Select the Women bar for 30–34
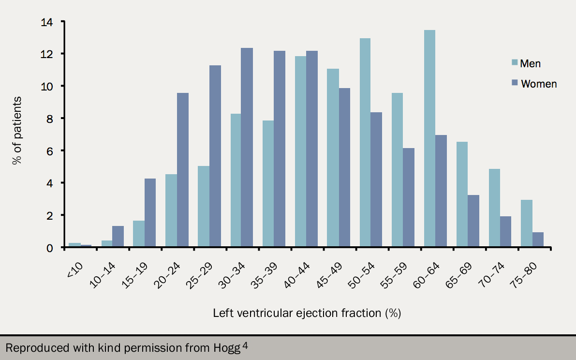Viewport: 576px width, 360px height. [247, 148]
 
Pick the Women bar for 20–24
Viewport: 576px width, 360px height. [183, 170]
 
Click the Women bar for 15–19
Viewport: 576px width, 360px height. [150, 213]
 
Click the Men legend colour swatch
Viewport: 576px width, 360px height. [514, 63]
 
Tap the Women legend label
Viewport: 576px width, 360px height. [539, 84]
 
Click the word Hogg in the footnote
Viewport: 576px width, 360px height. [229, 348]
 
